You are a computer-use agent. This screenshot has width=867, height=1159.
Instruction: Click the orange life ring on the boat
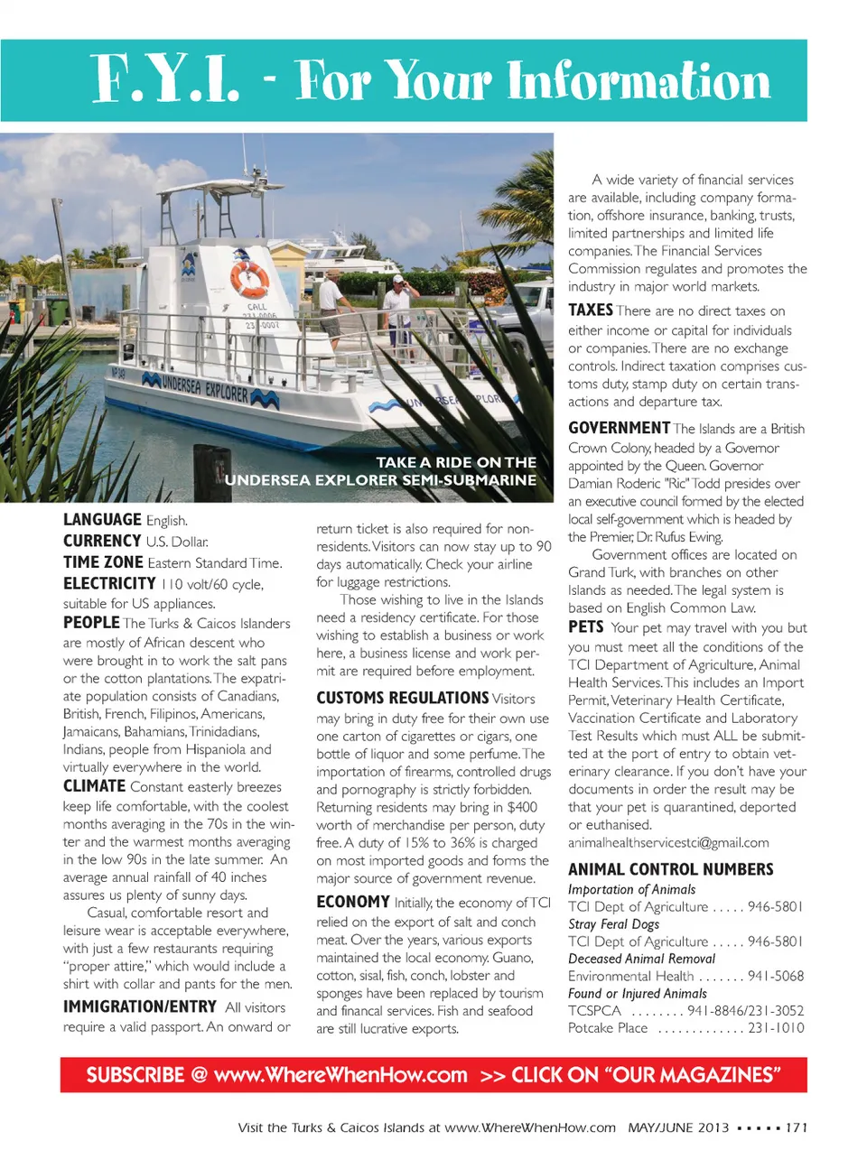point(249,278)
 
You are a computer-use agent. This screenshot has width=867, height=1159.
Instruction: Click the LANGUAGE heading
point(102,520)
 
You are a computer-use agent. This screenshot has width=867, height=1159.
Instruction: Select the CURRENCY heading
point(102,541)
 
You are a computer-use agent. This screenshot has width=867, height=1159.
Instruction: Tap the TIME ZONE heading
point(103,561)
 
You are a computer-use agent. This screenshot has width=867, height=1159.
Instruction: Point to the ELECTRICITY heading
point(109,584)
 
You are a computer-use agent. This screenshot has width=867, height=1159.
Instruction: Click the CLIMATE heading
point(94,786)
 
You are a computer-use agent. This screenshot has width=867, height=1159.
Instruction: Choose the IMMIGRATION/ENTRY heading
point(140,1006)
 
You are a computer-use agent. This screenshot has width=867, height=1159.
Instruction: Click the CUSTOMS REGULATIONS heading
point(402,698)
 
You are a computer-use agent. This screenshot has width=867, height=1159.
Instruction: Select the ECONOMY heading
point(353,902)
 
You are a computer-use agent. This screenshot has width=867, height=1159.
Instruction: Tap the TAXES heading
point(591,310)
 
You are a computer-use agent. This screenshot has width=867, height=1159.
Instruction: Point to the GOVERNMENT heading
point(619,428)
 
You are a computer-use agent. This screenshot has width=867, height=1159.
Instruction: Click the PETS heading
point(585,626)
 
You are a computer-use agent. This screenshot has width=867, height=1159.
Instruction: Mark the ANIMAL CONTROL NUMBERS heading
point(670,869)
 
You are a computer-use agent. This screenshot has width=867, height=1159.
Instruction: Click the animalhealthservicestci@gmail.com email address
point(668,842)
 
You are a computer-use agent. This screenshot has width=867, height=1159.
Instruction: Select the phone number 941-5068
point(775,976)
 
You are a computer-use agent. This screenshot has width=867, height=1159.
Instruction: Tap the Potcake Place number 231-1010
point(776,1027)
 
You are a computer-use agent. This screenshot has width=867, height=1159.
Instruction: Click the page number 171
point(796,1127)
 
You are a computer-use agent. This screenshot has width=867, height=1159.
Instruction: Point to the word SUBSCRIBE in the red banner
point(135,1075)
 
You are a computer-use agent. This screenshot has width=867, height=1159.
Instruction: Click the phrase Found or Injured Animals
point(637,993)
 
